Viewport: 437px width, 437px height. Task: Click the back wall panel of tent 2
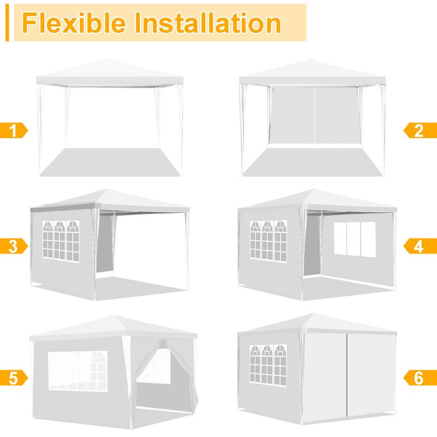(x=315, y=115)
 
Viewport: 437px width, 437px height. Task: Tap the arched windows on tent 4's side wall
(x=268, y=240)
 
